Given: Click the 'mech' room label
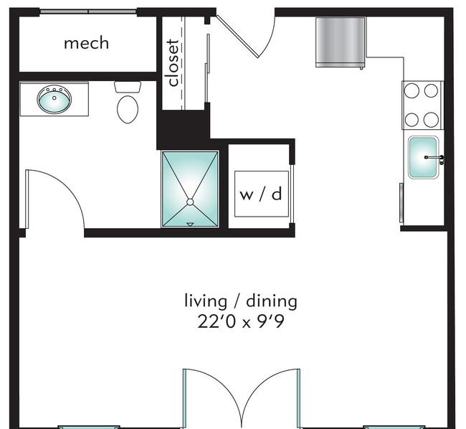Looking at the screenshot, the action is (87, 43).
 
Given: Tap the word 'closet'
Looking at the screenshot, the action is (173, 63).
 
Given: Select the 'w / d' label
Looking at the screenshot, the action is (261, 194).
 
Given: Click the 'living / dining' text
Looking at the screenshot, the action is (241, 301).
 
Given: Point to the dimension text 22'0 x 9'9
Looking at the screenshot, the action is (241, 321).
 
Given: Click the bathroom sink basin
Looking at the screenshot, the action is (54, 99).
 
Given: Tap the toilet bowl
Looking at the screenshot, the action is (128, 109).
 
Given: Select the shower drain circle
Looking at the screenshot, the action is (190, 202).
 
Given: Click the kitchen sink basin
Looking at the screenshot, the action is (423, 157).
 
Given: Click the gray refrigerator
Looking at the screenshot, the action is (341, 42).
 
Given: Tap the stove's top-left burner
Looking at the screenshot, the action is (412, 90).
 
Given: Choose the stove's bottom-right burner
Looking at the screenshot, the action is (431, 120).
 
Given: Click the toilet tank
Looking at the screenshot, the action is (128, 87).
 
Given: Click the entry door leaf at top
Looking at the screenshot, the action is (237, 37).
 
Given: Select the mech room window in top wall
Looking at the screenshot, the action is (88, 11).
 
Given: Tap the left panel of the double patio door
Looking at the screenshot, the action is (184, 398).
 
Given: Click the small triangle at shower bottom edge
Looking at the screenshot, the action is (190, 224).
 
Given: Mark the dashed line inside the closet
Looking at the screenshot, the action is (181, 63).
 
